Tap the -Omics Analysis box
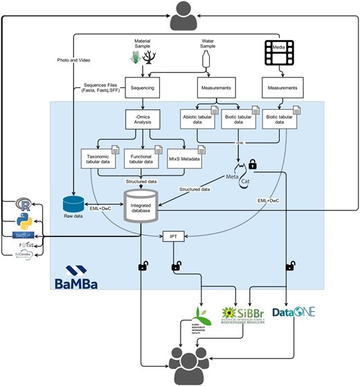pos(143,121)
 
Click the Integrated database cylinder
pos(142,205)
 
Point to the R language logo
pos(26,205)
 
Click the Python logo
pos(26,221)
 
